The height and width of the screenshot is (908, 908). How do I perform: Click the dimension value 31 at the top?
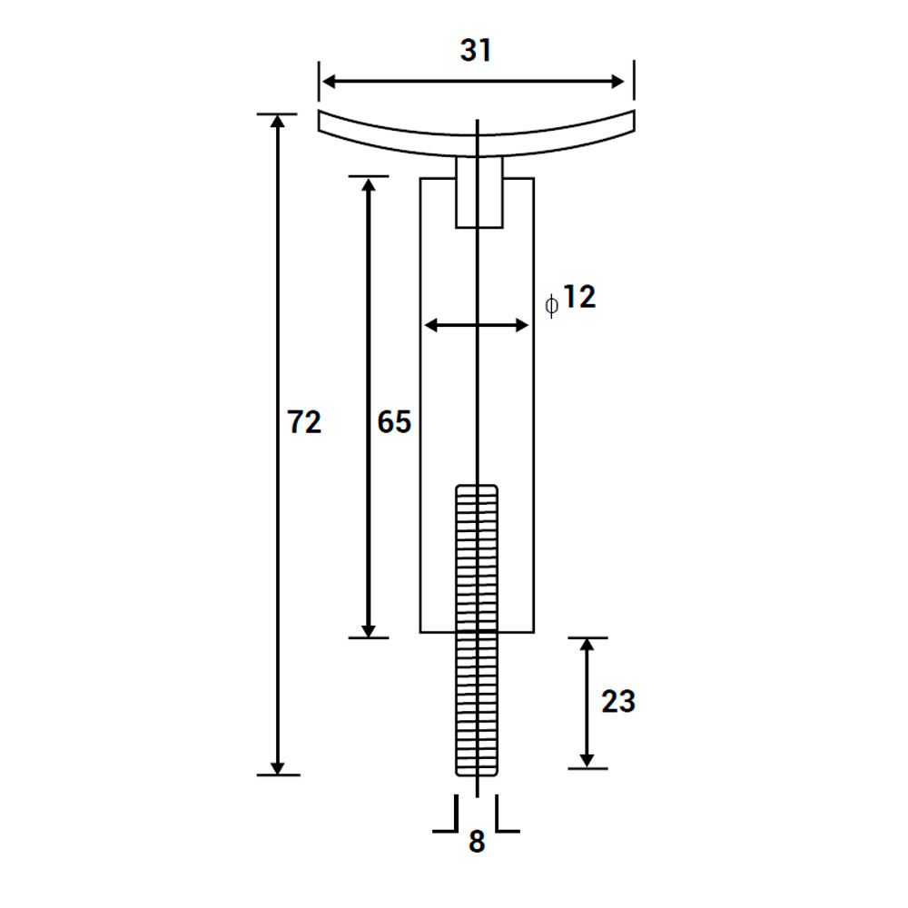tap(476, 51)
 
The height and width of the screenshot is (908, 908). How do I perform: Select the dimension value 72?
tap(304, 422)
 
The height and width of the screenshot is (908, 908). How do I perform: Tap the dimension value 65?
tap(394, 422)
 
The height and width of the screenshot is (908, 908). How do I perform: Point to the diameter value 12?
tap(577, 298)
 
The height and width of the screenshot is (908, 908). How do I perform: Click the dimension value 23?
tap(618, 702)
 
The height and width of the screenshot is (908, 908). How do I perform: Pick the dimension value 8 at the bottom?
tap(477, 843)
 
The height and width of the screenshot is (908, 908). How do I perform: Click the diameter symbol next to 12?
tap(551, 305)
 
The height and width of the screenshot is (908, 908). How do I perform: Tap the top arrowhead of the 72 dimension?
tap(278, 124)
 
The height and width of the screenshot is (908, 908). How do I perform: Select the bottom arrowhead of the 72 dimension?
tap(278, 765)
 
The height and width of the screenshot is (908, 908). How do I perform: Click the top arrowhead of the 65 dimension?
tap(369, 186)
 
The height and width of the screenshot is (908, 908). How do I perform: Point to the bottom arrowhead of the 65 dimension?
tap(369, 627)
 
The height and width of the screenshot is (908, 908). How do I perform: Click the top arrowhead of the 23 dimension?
tap(587, 646)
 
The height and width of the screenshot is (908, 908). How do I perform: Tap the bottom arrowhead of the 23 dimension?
tap(587, 758)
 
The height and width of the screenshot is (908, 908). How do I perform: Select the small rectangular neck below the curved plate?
tap(479, 192)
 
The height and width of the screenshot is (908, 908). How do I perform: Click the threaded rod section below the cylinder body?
tap(477, 704)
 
